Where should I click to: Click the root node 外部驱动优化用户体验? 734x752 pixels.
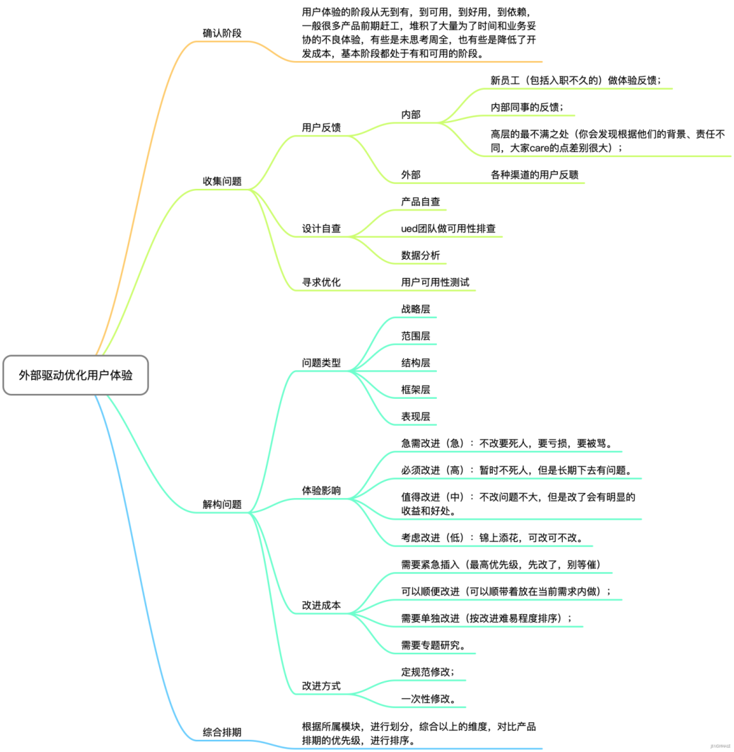tap(75, 374)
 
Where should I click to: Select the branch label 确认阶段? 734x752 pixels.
tap(222, 33)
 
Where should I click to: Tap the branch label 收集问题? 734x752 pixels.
tap(222, 181)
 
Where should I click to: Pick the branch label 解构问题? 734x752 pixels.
tap(222, 505)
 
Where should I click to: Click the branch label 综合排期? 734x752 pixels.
tap(222, 732)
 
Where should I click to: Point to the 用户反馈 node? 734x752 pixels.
tap(321, 128)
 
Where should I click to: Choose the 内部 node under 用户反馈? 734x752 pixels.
tap(411, 114)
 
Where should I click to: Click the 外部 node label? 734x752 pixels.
tap(411, 175)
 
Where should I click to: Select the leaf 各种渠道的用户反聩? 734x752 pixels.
tap(534, 175)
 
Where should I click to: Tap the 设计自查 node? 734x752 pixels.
tap(321, 228)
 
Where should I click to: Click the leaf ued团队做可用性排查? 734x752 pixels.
tap(448, 228)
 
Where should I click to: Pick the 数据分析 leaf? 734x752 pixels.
tap(421, 255)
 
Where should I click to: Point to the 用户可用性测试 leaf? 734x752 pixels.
tap(435, 282)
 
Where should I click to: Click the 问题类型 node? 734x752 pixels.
tap(321, 363)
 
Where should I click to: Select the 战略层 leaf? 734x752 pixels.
tap(416, 309)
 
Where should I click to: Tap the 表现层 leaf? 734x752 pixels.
tap(416, 416)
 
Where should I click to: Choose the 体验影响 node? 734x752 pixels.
tap(321, 490)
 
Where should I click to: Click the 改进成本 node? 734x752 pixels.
tap(321, 605)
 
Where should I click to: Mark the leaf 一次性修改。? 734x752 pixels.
tap(428, 699)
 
